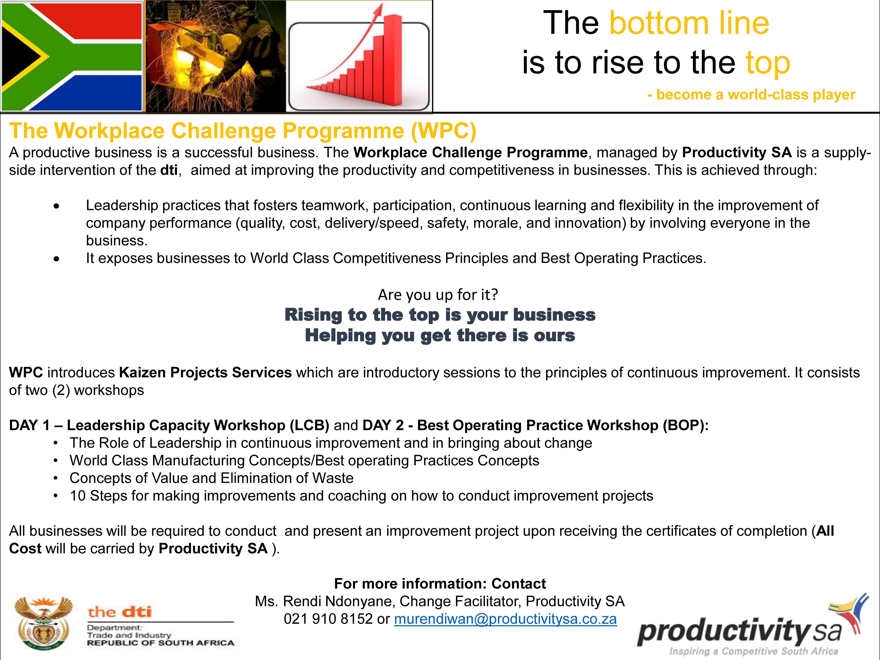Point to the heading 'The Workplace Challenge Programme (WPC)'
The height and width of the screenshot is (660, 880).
click(x=243, y=131)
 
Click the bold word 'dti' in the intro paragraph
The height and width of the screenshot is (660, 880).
click(x=169, y=170)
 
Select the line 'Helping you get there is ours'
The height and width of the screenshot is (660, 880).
click(x=440, y=335)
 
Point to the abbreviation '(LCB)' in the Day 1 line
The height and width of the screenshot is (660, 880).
click(x=309, y=425)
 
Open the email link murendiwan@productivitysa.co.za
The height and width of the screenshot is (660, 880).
click(x=505, y=619)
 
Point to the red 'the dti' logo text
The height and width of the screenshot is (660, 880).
click(x=120, y=612)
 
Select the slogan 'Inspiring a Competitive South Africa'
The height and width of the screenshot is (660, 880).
click(x=754, y=651)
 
